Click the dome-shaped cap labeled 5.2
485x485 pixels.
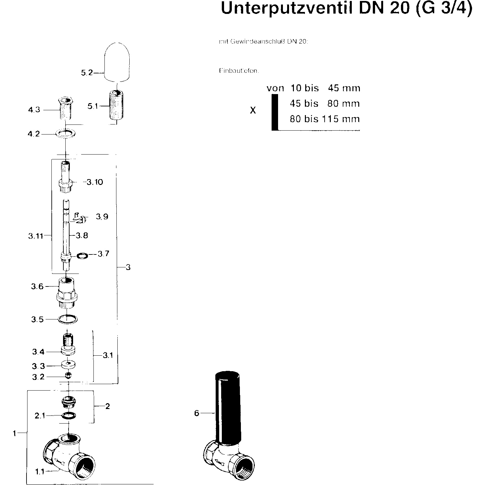(x=117, y=61)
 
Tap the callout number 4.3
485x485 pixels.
(x=34, y=110)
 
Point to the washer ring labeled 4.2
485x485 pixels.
(x=66, y=133)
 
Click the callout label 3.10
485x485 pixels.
(x=95, y=182)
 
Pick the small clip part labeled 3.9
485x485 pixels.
(x=80, y=218)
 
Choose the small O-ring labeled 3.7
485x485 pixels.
(x=82, y=256)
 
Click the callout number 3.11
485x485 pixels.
(x=35, y=236)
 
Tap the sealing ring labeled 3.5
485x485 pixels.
(x=68, y=319)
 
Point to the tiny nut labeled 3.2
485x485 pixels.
(x=68, y=375)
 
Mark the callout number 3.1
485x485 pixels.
(x=108, y=355)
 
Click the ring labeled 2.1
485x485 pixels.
(x=68, y=415)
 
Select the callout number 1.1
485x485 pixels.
(x=39, y=472)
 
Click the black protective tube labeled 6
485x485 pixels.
(x=228, y=407)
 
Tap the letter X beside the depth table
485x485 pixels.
(x=253, y=111)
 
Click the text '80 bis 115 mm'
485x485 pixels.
(x=325, y=119)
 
